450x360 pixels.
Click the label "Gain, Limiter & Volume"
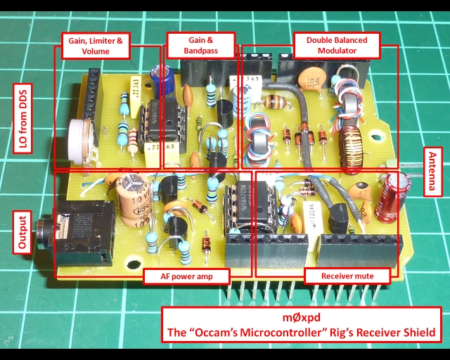click(x=96, y=46)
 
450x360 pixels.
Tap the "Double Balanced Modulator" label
click(x=336, y=45)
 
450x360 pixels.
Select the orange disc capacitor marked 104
click(x=311, y=78)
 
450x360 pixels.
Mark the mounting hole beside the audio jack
click(x=132, y=264)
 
